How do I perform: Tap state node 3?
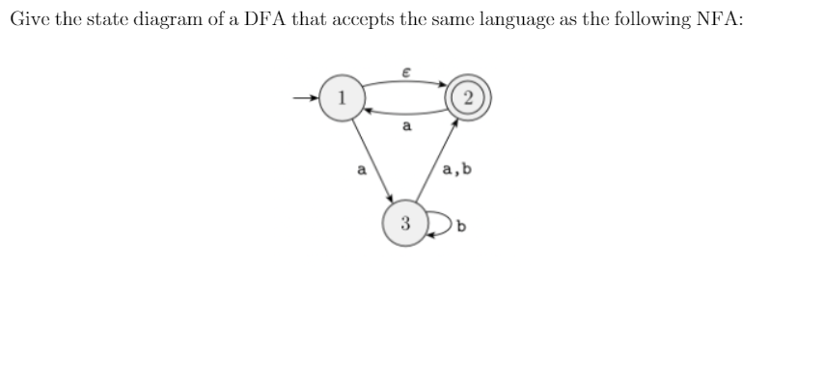[x=405, y=225]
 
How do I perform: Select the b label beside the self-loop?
[x=462, y=227]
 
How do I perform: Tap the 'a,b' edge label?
[x=456, y=172]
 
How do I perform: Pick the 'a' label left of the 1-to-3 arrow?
[x=361, y=172]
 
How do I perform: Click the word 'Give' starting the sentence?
[x=29, y=21]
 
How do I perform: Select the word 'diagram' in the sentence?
[x=179, y=21]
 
